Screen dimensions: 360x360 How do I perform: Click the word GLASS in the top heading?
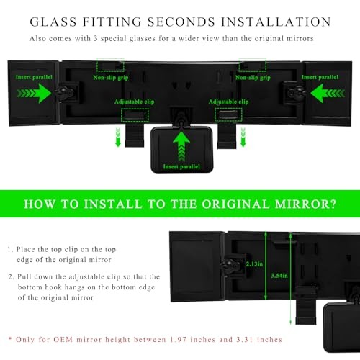53,22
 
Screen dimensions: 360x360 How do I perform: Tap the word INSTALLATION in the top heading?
276,22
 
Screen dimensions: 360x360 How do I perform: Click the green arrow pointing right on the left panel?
34,93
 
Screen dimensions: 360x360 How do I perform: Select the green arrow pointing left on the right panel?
328,93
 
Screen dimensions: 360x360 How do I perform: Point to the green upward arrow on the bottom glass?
181,146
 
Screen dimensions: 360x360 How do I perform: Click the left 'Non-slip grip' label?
111,78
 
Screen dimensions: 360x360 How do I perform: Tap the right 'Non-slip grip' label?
253,78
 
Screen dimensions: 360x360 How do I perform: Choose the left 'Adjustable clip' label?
134,102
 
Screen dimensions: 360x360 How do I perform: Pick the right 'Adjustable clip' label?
228,102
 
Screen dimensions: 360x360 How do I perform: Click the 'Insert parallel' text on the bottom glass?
181,166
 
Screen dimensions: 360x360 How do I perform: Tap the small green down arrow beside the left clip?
118,137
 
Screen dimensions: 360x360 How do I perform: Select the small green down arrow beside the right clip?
243,137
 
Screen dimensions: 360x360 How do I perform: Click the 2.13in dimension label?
254,264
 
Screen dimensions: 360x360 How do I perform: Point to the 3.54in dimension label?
279,276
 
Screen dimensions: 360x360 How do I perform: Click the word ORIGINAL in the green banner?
235,204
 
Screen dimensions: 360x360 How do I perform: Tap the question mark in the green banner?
333,204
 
